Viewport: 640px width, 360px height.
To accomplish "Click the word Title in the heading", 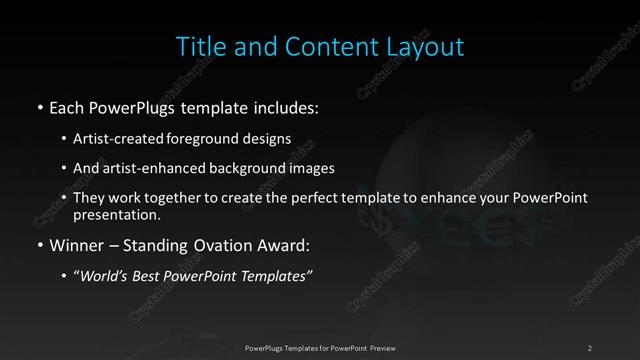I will [x=199, y=46].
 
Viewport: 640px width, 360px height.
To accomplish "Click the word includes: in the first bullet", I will [x=286, y=106].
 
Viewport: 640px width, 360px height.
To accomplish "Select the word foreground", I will [x=212, y=138].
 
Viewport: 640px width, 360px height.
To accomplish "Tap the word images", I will [x=334, y=168].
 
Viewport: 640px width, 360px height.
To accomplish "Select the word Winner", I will [x=76, y=244].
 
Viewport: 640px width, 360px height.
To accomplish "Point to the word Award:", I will [x=288, y=244].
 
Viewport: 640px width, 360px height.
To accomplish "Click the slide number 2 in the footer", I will [x=590, y=347].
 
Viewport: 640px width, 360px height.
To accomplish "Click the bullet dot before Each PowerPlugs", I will [x=39, y=107].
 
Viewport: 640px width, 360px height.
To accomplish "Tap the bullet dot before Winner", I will [x=39, y=245].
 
